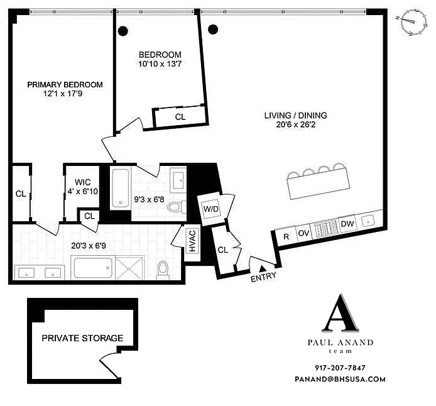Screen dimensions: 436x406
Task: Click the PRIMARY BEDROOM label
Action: pos(65,85)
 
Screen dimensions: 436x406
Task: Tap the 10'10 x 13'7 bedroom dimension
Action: pos(160,64)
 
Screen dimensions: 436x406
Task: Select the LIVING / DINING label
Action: pos(295,116)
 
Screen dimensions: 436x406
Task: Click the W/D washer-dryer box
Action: pos(210,209)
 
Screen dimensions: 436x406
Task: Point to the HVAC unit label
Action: pos(192,241)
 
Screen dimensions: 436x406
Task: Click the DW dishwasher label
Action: pos(347,224)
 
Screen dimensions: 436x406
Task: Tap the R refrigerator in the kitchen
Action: pos(286,237)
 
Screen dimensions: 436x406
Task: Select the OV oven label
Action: pos(303,233)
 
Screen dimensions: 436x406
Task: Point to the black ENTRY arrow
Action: pos(262,268)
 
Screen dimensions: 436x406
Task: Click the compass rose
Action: pos(410,22)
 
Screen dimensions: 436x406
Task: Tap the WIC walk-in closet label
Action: pos(82,182)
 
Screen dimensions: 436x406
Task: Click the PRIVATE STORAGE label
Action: pos(82,338)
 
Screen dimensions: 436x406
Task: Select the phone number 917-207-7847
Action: pos(340,368)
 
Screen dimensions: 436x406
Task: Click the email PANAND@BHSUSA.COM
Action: pos(340,379)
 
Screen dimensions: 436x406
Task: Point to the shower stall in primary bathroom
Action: pos(129,268)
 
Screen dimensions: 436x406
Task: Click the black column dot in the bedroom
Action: pos(123,31)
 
